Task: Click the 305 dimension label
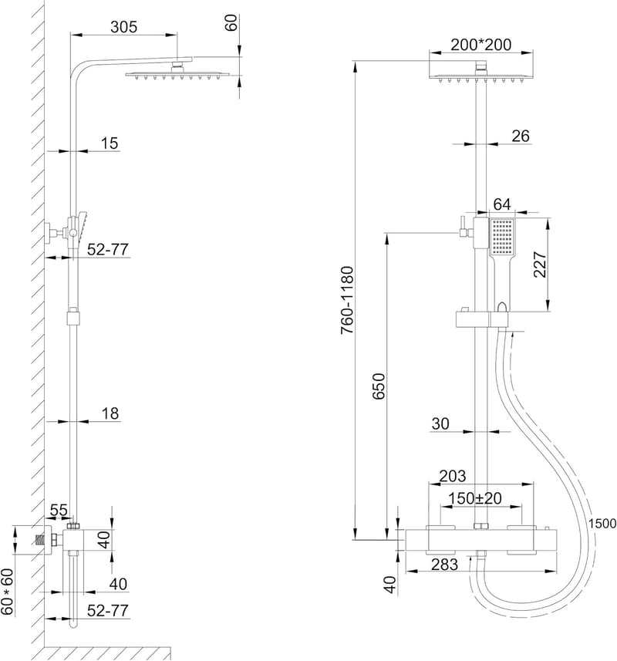(124, 27)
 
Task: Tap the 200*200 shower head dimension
(480, 44)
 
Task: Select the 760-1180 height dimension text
(348, 300)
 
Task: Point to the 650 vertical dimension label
(379, 386)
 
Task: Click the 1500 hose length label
(602, 524)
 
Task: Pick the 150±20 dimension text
(475, 498)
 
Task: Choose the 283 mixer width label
(445, 564)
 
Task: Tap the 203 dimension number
(453, 476)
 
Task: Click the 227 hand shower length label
(541, 265)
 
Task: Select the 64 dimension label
(502, 204)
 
